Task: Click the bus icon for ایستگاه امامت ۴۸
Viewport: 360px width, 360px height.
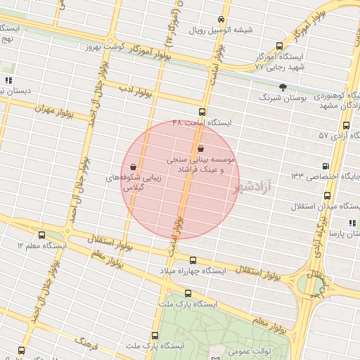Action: coord(202,112)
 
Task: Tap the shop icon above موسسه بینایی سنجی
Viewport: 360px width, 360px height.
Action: coord(202,149)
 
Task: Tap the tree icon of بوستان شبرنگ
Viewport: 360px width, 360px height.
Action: coord(283,87)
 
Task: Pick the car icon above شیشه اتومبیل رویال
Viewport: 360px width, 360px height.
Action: coord(221,19)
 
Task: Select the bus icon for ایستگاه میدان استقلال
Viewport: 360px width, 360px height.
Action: coord(297,207)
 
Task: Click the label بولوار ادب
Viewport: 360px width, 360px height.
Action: coord(131,89)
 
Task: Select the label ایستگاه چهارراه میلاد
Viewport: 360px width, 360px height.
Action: coord(202,270)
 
